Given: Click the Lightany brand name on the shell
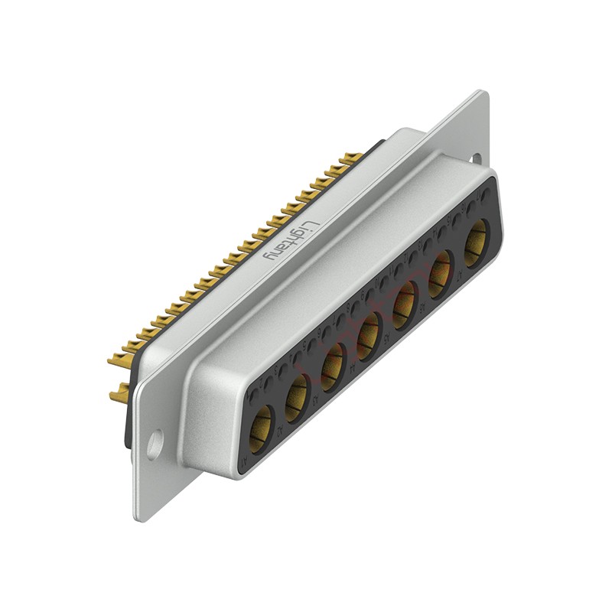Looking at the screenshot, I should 289,239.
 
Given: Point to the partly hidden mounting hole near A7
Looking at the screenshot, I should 475,158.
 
